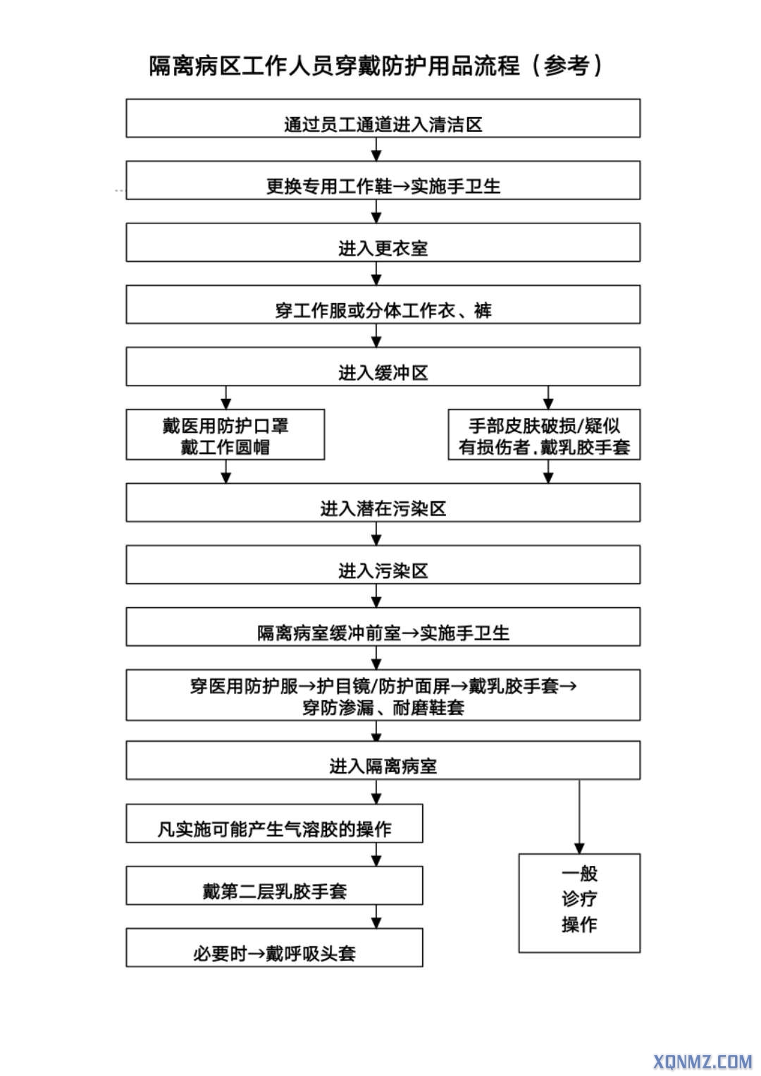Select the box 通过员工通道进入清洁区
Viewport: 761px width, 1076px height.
[x=383, y=118]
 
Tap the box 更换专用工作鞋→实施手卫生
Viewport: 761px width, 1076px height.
[x=383, y=181]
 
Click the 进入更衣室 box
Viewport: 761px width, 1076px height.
[x=383, y=243]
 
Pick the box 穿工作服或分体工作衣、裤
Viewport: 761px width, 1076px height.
[x=383, y=305]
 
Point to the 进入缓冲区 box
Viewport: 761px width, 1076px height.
[x=383, y=367]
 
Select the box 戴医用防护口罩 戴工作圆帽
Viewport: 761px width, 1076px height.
[x=225, y=435]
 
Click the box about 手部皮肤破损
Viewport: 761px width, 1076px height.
[x=544, y=435]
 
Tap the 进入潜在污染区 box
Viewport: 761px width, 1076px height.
[x=383, y=503]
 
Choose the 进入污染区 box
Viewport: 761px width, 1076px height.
[x=383, y=565]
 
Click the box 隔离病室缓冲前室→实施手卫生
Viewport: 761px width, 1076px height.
[x=383, y=627]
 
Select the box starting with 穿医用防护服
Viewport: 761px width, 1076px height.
[x=383, y=695]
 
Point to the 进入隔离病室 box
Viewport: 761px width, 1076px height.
[x=383, y=760]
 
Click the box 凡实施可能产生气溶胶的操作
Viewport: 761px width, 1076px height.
[x=274, y=824]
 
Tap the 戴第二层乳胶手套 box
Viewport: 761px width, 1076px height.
[x=274, y=886]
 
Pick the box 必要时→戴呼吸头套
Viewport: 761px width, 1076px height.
[x=274, y=948]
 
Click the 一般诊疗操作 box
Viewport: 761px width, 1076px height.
[x=579, y=903]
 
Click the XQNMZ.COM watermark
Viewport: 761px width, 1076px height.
[x=703, y=1060]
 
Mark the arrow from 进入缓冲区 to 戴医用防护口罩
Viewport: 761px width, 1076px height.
[x=225, y=398]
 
